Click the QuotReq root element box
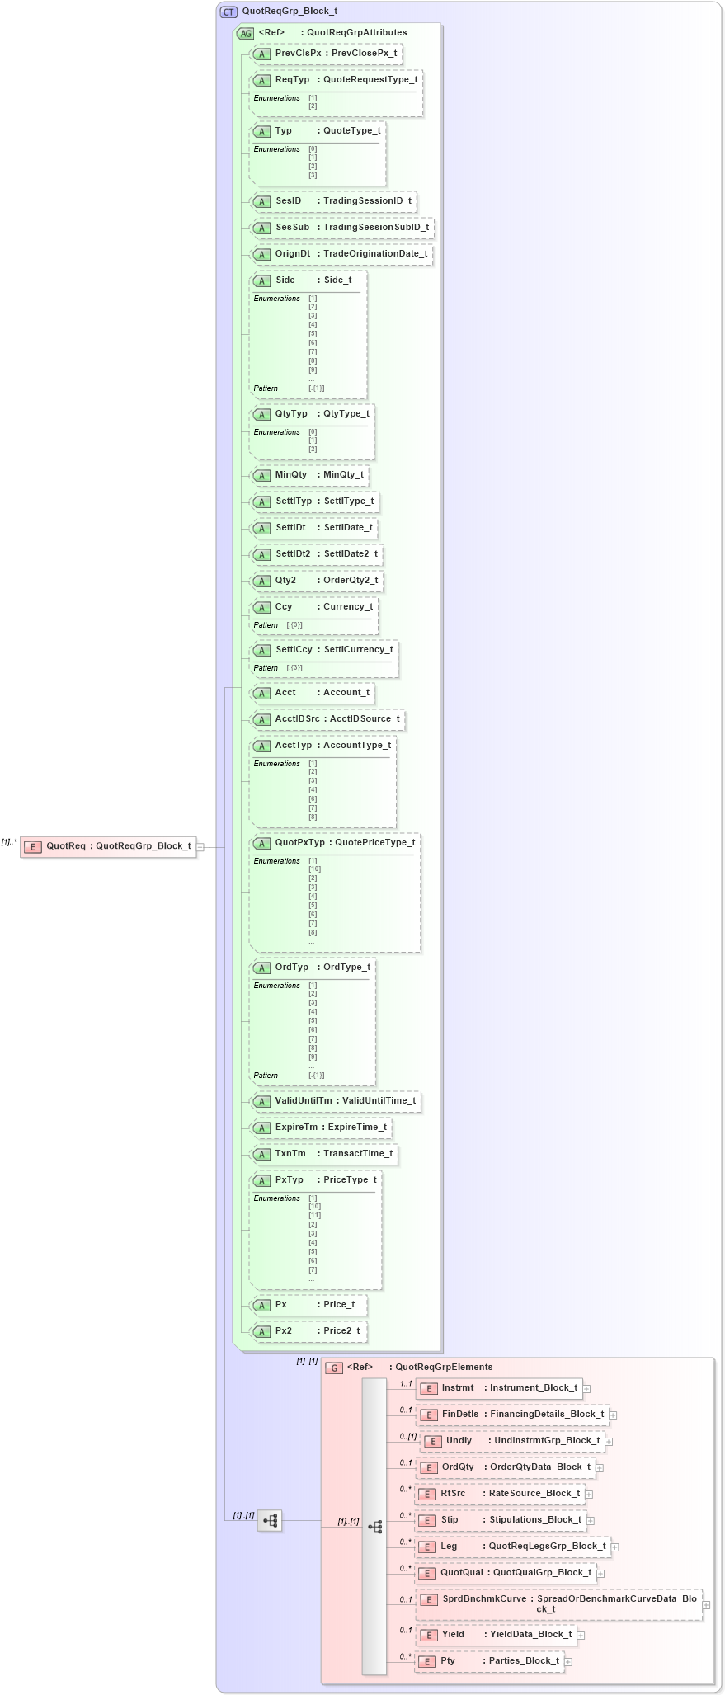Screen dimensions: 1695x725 point(108,846)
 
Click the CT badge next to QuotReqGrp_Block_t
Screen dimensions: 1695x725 point(228,12)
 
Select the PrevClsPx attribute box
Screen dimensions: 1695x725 point(326,54)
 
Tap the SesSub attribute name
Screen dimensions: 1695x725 point(293,228)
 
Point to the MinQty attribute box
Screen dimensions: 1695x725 point(309,475)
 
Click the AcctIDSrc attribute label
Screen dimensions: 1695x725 point(297,719)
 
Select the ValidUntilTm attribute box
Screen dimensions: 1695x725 point(336,1101)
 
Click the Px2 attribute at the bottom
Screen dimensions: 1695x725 point(308,1331)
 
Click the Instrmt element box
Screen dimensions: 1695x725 point(499,1388)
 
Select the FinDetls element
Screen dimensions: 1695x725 point(512,1415)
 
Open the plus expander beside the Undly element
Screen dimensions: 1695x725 point(610,1442)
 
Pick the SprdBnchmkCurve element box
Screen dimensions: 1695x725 point(558,1603)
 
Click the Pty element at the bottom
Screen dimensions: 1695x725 point(489,1661)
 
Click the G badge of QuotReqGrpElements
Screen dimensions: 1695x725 point(334,1368)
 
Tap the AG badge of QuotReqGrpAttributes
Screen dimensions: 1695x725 point(246,34)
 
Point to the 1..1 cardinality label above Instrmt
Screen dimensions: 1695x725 point(406,1383)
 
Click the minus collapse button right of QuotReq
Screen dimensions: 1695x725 point(200,847)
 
